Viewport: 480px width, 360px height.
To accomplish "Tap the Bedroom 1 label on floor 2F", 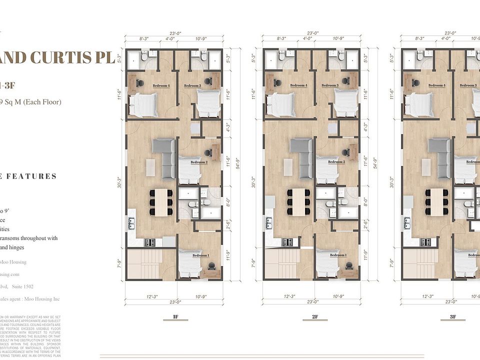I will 338,255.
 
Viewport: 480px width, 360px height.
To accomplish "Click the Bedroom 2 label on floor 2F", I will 336,162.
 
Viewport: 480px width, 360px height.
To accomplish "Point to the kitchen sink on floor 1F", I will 131,223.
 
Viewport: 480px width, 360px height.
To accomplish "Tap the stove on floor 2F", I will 287,242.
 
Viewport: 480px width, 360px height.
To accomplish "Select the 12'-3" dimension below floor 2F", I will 289,296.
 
